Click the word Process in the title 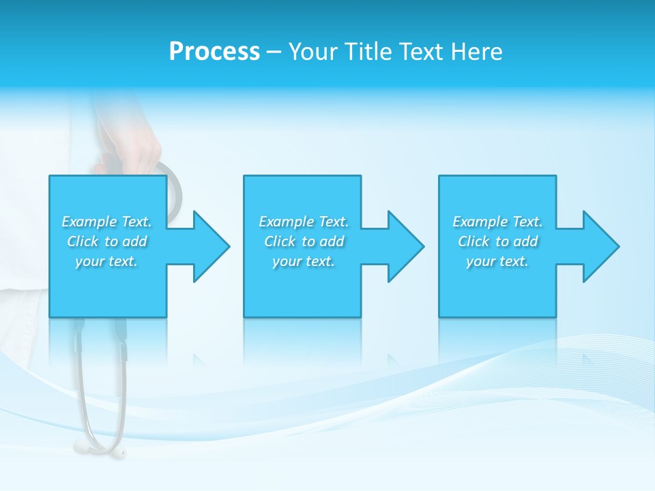coord(214,52)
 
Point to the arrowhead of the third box coord(600,246)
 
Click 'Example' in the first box coord(89,222)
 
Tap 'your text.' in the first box coord(106,261)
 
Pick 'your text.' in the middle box coord(304,261)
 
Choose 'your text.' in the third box coord(497,261)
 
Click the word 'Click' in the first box coord(83,241)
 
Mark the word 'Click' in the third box coord(474,241)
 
